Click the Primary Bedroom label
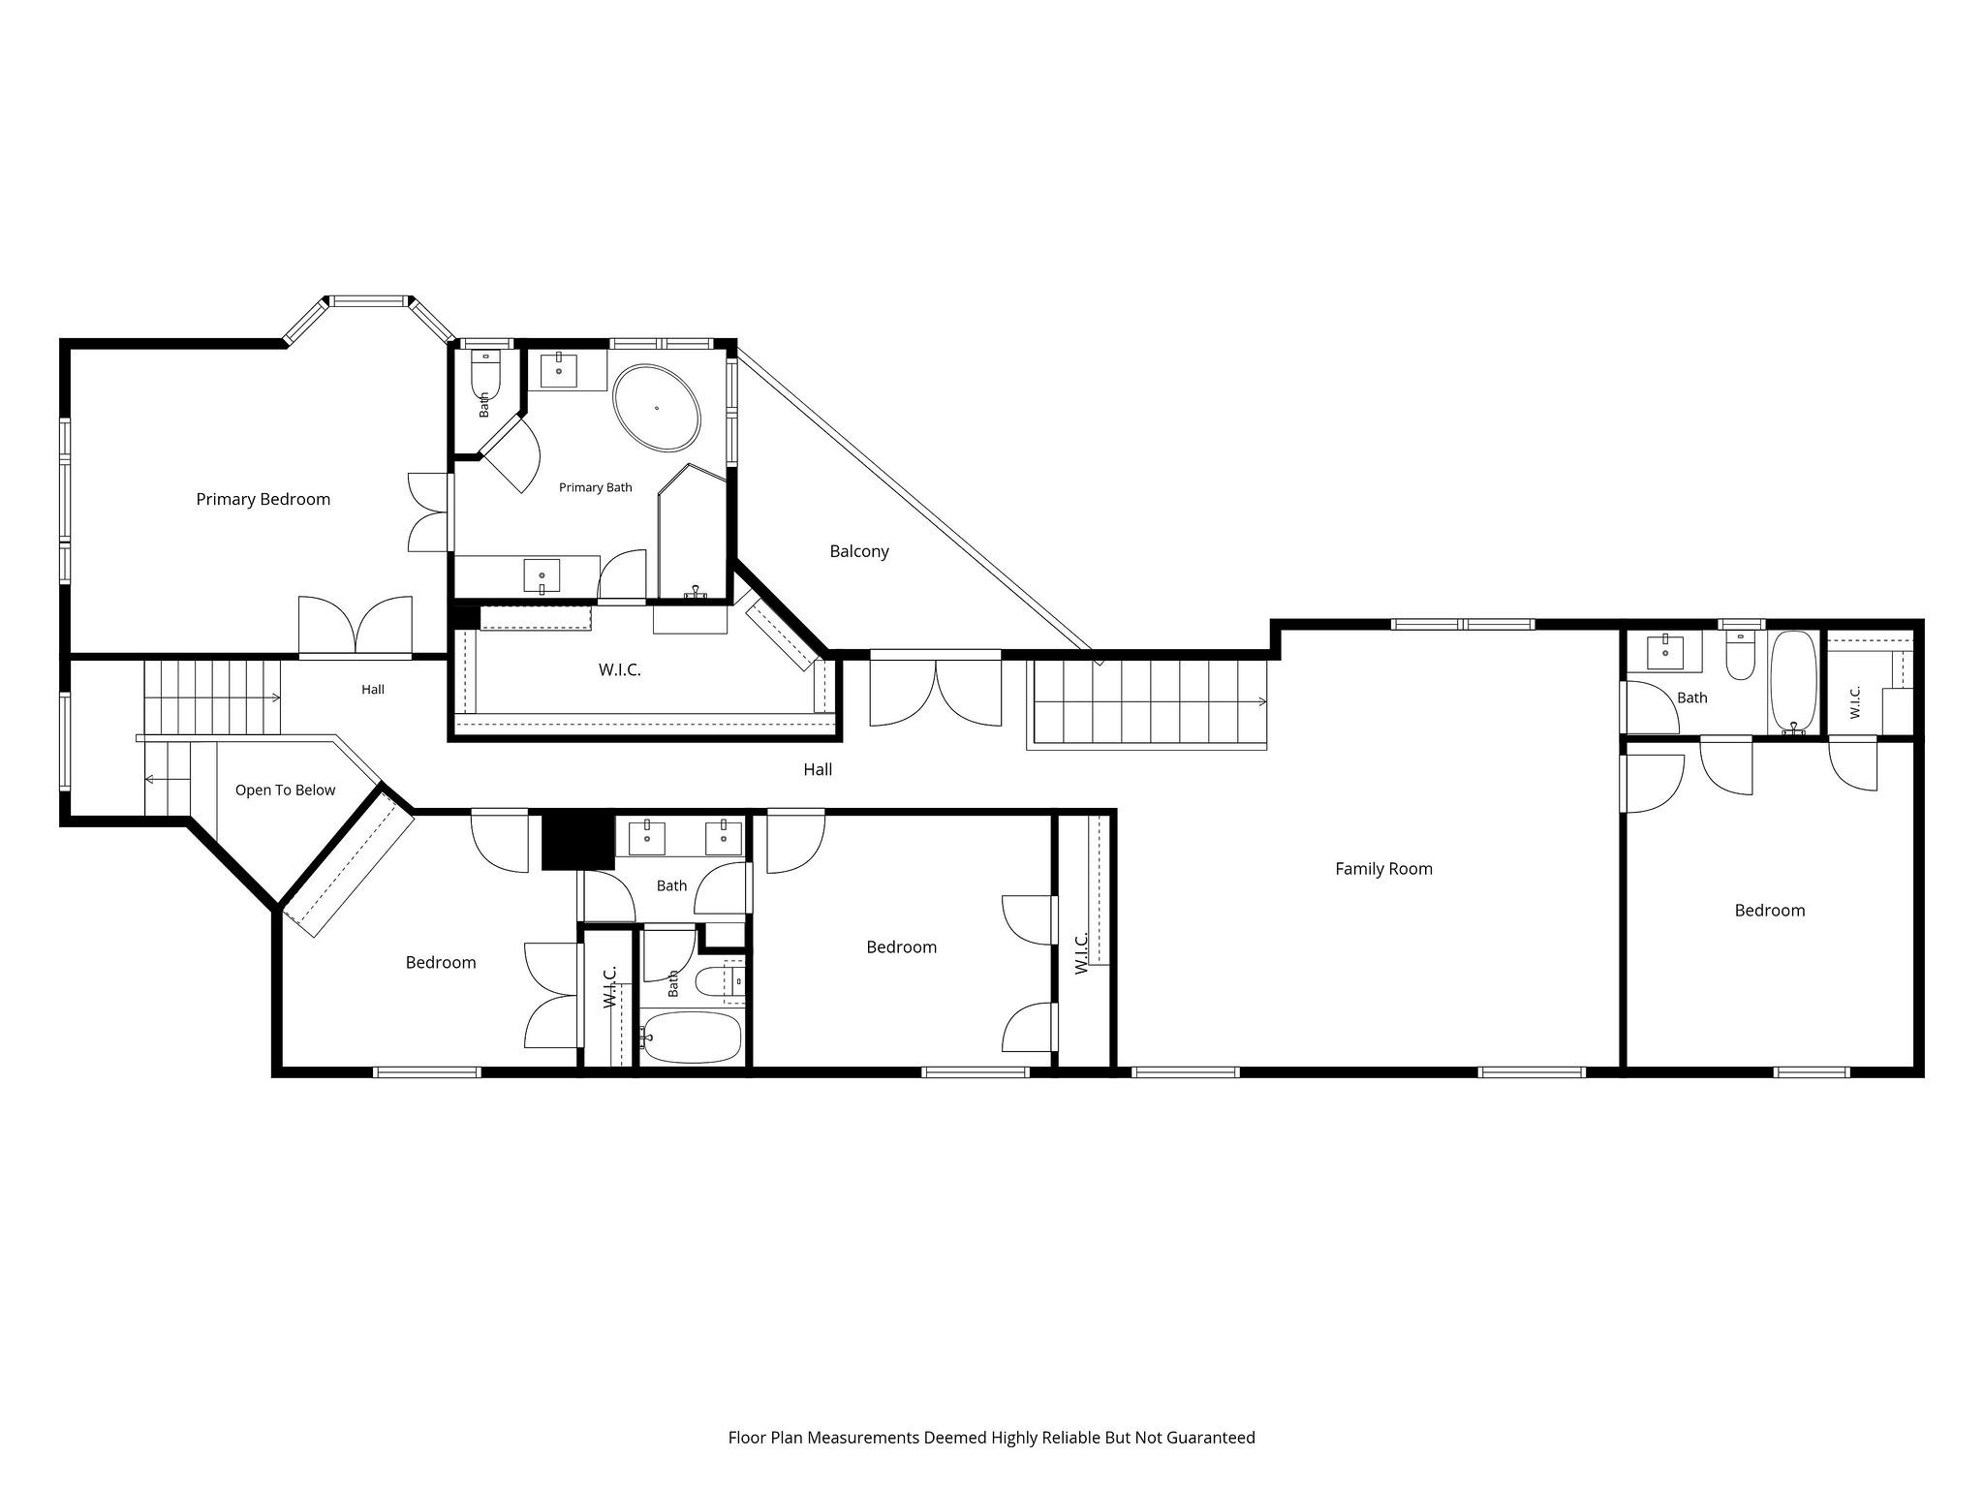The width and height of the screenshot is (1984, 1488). click(x=263, y=500)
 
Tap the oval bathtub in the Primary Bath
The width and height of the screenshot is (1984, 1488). click(x=657, y=408)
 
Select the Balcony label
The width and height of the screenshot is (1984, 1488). click(x=859, y=551)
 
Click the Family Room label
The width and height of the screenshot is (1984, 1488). click(x=1383, y=869)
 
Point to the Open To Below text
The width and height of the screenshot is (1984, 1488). click(x=285, y=790)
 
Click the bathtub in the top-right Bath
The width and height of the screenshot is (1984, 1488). click(x=1794, y=683)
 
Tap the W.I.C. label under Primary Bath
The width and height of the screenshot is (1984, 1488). click(x=620, y=669)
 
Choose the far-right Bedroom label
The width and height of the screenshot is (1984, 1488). click(x=1770, y=911)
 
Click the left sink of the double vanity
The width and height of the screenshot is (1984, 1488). click(x=646, y=837)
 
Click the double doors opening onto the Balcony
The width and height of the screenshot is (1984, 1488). click(x=936, y=689)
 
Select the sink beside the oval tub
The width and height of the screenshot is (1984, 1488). click(x=559, y=370)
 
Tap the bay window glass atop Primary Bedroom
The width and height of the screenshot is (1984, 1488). click(x=369, y=301)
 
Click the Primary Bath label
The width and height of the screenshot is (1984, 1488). click(x=596, y=487)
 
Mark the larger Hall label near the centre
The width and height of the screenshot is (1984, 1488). click(x=818, y=770)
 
